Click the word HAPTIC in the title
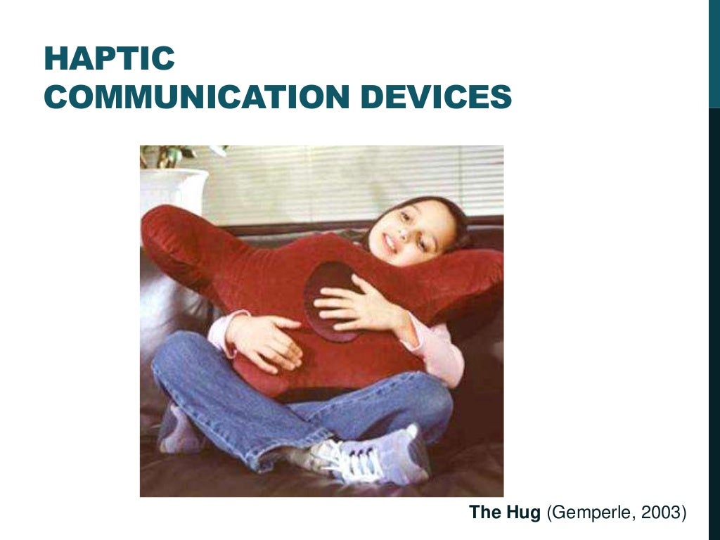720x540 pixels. click(x=109, y=59)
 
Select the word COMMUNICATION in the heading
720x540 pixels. click(x=194, y=96)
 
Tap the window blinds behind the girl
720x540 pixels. click(x=352, y=179)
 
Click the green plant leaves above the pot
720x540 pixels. click(x=169, y=155)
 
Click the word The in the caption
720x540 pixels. click(x=484, y=513)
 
